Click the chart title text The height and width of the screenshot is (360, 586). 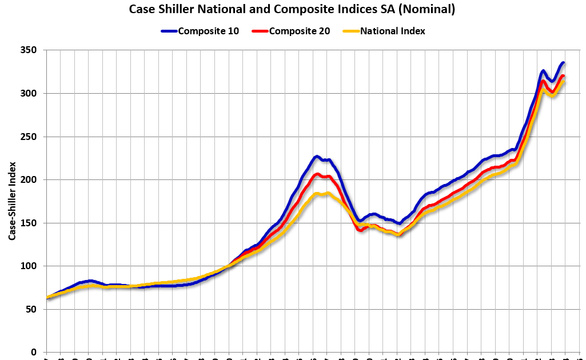click(292, 9)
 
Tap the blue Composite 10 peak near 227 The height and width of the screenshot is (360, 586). click(316, 156)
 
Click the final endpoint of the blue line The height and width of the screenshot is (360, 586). click(564, 63)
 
